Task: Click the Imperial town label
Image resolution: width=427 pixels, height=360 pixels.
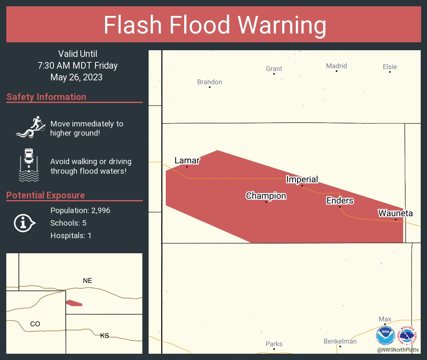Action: pyautogui.click(x=302, y=180)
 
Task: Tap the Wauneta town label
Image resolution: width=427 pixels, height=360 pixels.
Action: pyautogui.click(x=395, y=213)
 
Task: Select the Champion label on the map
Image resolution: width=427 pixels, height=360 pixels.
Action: pyautogui.click(x=266, y=196)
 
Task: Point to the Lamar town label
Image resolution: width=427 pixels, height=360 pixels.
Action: pyautogui.click(x=187, y=161)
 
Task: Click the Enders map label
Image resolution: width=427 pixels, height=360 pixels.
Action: pyautogui.click(x=340, y=201)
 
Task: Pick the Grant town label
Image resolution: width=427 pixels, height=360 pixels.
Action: pyautogui.click(x=274, y=69)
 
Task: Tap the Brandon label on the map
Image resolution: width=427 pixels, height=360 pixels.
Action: pyautogui.click(x=209, y=82)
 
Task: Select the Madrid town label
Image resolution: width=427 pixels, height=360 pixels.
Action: pyautogui.click(x=336, y=66)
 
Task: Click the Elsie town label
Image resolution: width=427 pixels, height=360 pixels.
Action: pyautogui.click(x=389, y=67)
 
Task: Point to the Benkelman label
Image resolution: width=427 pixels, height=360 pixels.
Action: pyautogui.click(x=340, y=341)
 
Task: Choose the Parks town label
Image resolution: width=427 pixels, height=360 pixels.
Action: pyautogui.click(x=274, y=344)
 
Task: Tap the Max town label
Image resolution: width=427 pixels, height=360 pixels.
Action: pyautogui.click(x=385, y=319)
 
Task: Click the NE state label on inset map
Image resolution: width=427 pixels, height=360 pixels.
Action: pyautogui.click(x=87, y=280)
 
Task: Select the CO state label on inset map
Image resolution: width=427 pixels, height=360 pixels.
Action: pyautogui.click(x=35, y=324)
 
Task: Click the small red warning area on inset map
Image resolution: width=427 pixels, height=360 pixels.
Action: pyautogui.click(x=74, y=303)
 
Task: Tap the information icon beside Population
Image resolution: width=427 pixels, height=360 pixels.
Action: pyautogui.click(x=25, y=223)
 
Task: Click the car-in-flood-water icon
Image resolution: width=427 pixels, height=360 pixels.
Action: pyautogui.click(x=28, y=165)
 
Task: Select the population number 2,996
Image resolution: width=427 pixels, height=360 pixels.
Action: pyautogui.click(x=99, y=211)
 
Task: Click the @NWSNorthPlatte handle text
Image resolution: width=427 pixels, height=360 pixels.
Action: pyautogui.click(x=397, y=350)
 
